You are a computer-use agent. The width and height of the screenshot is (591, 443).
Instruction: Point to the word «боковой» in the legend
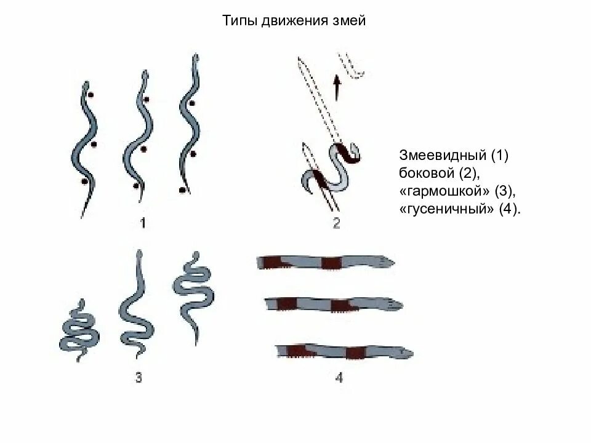[x=426, y=173]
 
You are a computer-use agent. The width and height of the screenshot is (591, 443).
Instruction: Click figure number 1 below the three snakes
[x=142, y=223]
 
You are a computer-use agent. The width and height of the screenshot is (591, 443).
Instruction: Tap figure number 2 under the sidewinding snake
[x=336, y=223]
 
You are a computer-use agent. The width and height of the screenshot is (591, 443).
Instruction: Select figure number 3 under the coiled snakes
[x=139, y=378]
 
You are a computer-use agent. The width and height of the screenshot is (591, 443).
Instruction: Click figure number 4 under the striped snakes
[x=339, y=378]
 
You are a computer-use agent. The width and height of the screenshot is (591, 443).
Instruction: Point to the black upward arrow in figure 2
[x=337, y=87]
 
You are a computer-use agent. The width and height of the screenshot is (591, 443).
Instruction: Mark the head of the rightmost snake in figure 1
[x=196, y=59]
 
